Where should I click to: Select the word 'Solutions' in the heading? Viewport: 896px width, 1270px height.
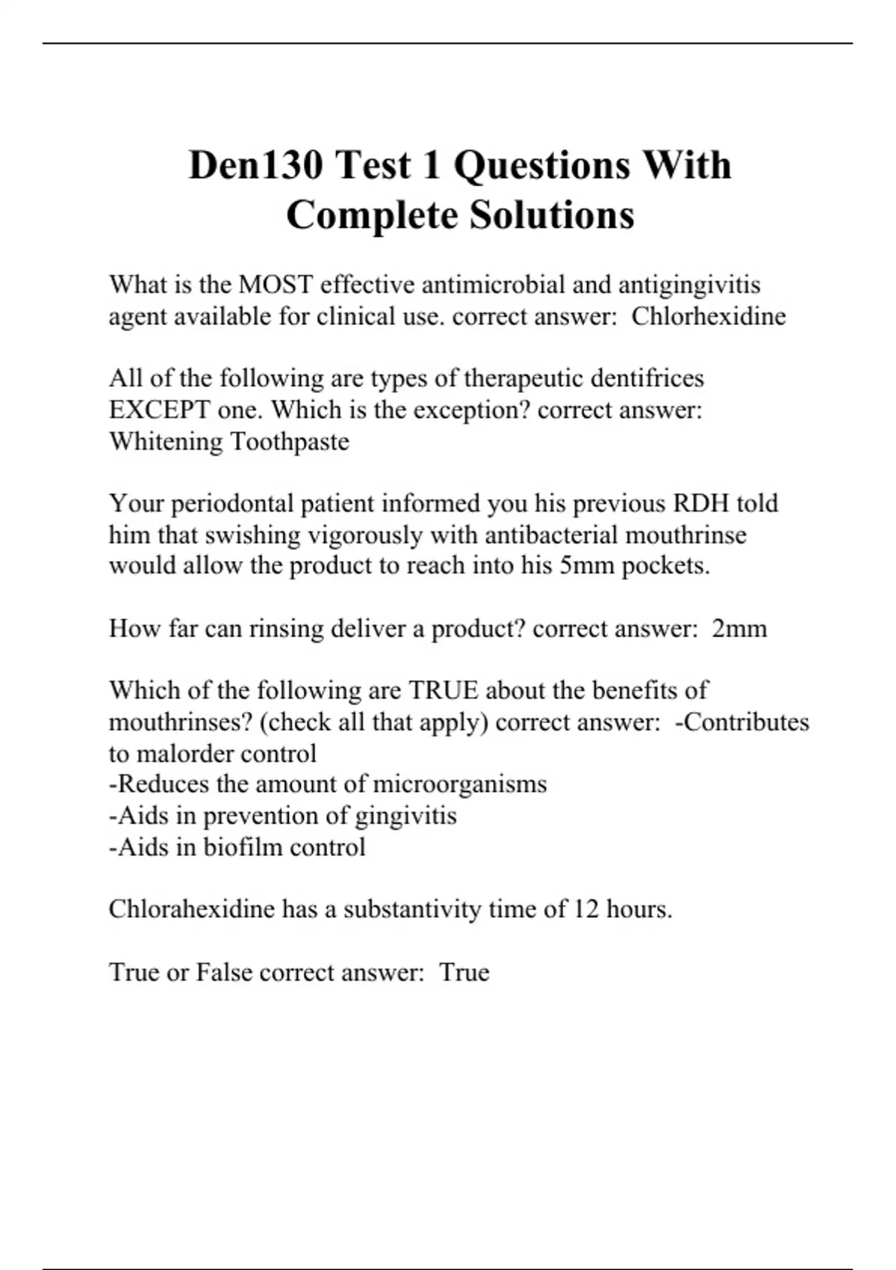tap(552, 215)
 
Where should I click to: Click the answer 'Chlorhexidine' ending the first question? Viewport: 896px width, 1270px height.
tap(709, 316)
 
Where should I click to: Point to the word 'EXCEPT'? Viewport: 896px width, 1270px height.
tap(159, 409)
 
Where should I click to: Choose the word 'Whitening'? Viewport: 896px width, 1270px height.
tap(166, 442)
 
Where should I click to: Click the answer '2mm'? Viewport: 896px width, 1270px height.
tap(739, 628)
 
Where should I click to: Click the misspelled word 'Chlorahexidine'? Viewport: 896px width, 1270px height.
tap(191, 909)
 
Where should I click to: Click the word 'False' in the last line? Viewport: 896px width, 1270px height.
tap(224, 972)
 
